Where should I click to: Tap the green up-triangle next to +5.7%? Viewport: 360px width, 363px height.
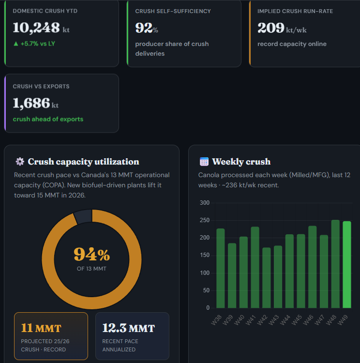pyautogui.click(x=16, y=44)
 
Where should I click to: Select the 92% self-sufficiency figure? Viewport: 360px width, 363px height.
pyautogui.click(x=147, y=28)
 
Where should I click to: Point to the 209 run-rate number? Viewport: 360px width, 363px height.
pyautogui.click(x=270, y=28)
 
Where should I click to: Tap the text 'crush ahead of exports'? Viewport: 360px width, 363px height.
pyautogui.click(x=48, y=119)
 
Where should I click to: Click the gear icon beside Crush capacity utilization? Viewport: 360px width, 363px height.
pyautogui.click(x=20, y=162)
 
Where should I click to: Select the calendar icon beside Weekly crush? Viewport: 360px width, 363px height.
pyautogui.click(x=204, y=162)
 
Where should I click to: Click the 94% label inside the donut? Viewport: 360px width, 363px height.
pyautogui.click(x=91, y=254)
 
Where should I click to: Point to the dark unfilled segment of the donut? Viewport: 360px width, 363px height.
pyautogui.click(x=83, y=216)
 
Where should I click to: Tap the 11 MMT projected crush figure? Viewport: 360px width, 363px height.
pyautogui.click(x=41, y=328)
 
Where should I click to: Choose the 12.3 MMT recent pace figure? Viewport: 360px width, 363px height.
pyautogui.click(x=129, y=328)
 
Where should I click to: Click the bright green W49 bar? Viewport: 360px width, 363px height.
pyautogui.click(x=347, y=265)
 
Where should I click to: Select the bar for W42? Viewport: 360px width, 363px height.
pyautogui.click(x=267, y=278)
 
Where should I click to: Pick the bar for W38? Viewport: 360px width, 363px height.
pyautogui.click(x=220, y=268)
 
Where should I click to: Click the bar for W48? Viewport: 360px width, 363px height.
pyautogui.click(x=335, y=264)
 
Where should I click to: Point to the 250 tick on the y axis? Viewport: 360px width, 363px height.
pyautogui.click(x=205, y=220)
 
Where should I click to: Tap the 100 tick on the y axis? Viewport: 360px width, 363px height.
pyautogui.click(x=205, y=273)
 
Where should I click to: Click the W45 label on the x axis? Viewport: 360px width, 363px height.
pyautogui.click(x=297, y=320)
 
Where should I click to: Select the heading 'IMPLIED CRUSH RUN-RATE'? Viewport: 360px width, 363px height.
pyautogui.click(x=295, y=11)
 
